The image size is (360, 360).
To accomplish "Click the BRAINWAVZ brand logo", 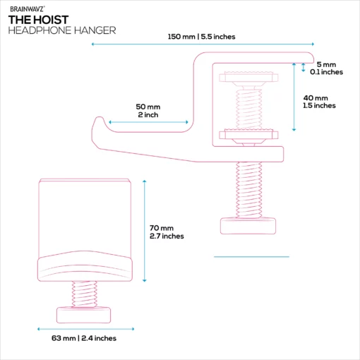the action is pyautogui.click(x=27, y=9).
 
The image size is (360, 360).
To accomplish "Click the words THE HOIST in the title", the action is pyautogui.click(x=38, y=20).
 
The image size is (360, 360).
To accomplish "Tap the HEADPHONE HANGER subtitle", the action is pyautogui.click(x=62, y=30).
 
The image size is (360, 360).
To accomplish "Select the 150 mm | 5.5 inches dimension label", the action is pyautogui.click(x=201, y=37).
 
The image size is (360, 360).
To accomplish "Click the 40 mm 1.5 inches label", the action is pyautogui.click(x=319, y=102).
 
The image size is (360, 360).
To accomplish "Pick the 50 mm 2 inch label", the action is pyautogui.click(x=148, y=111).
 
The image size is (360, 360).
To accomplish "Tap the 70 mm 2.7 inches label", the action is pyautogui.click(x=167, y=232).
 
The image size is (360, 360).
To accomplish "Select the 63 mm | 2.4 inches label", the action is pyautogui.click(x=84, y=338).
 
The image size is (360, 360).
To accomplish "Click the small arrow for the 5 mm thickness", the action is pyautogui.click(x=304, y=68).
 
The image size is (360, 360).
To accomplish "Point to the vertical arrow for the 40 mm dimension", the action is pyautogui.click(x=294, y=97).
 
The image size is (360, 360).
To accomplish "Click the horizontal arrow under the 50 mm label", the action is pyautogui.click(x=148, y=122).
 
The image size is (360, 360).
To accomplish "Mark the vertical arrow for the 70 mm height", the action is pyautogui.click(x=145, y=231).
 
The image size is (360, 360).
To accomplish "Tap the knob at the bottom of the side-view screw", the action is pyautogui.click(x=248, y=226).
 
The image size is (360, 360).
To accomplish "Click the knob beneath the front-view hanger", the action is pyautogui.click(x=83, y=315).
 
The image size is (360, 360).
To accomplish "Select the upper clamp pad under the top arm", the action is pyautogui.click(x=248, y=77).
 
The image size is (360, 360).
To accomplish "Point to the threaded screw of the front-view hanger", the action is pyautogui.click(x=84, y=294).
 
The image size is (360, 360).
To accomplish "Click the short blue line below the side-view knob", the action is pyautogui.click(x=251, y=257).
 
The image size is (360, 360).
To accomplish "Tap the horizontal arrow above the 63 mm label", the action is pyautogui.click(x=86, y=329).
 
